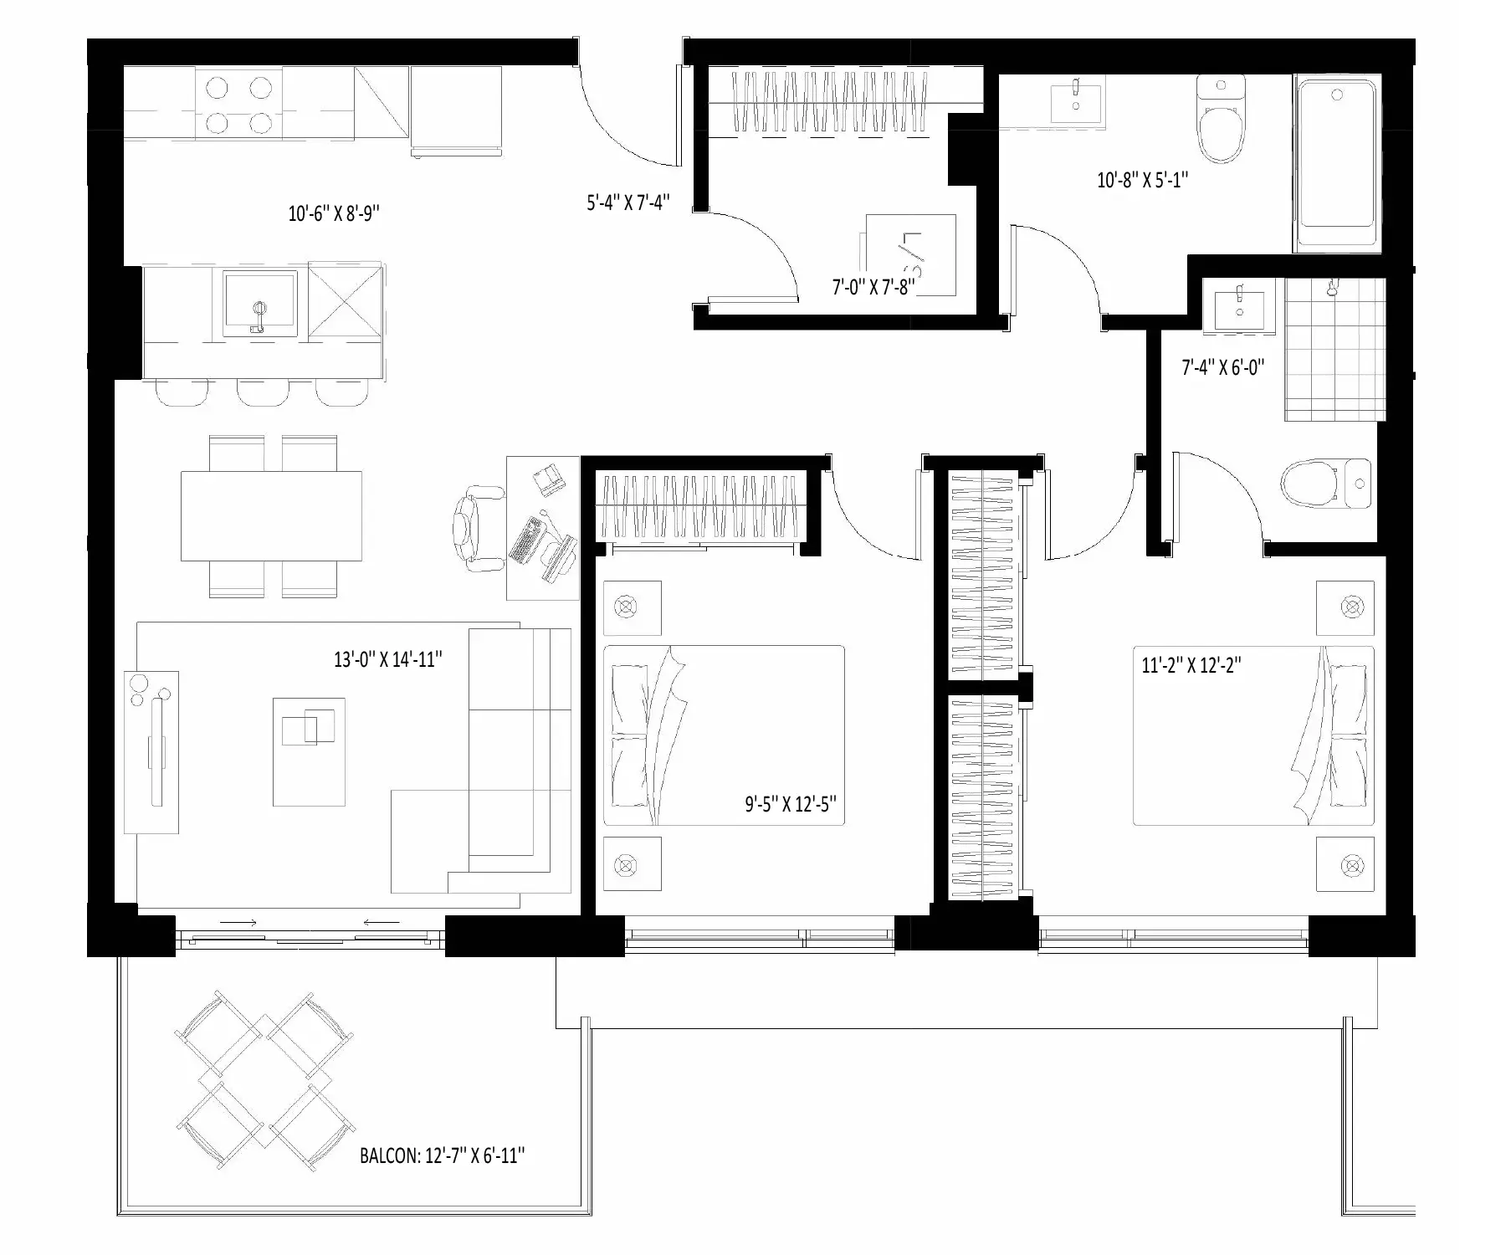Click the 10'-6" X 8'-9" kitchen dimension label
coord(334,213)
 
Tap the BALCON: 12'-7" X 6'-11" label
coord(443,1155)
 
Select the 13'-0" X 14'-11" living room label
coord(388,659)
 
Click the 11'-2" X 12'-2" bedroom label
coord(1191,665)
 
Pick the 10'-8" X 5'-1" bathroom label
coord(1143,179)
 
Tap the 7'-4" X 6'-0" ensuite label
coord(1222,366)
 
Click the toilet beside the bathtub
coord(1221,119)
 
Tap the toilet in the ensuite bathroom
coord(1327,484)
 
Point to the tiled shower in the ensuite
coord(1335,350)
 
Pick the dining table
coord(272,516)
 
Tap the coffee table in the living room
coord(309,751)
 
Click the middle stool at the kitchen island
coord(261,392)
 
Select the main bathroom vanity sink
coord(1077,98)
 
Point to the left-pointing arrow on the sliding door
coord(381,922)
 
